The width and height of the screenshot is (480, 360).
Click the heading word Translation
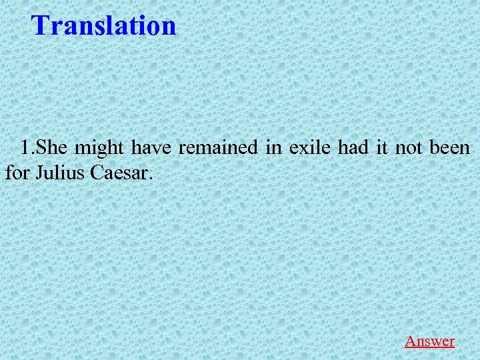104,26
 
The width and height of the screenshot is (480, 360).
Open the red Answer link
429,341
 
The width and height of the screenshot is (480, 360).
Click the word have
151,147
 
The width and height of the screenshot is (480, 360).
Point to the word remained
219,147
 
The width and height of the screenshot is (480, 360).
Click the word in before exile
273,147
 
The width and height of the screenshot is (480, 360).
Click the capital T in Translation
41,26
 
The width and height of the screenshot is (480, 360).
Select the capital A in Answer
411,341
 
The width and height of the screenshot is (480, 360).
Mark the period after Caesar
151,180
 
